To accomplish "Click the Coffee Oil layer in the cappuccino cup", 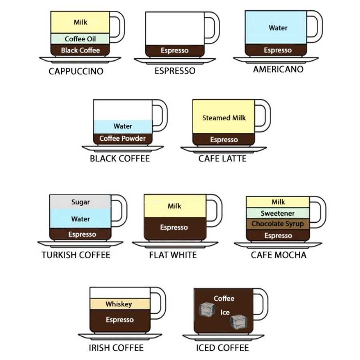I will (x=80, y=39).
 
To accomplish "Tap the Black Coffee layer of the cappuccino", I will (x=80, y=50).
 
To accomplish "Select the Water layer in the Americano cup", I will (x=278, y=28).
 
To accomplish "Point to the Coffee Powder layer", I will (x=122, y=138).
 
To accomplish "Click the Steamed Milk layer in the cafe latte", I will (x=224, y=118).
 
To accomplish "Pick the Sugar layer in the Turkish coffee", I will (x=80, y=202).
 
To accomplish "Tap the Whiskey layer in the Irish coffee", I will (x=118, y=304).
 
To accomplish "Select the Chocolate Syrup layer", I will (x=278, y=224).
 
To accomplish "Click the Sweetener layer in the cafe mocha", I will (x=278, y=213).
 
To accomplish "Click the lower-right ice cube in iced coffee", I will (x=239, y=322).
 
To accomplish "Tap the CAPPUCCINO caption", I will (x=76, y=72).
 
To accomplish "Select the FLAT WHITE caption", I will (x=173, y=255).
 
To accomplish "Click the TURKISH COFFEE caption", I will (x=76, y=255).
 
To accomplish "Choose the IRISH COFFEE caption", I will (x=116, y=348).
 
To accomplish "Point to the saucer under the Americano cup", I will (x=276, y=60).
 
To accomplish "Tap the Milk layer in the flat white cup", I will (x=174, y=206).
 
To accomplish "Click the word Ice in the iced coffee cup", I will (x=225, y=312).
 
